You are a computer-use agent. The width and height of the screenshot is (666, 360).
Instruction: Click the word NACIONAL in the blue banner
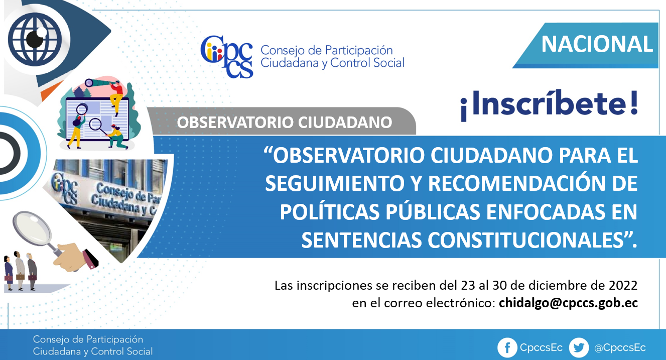pyautogui.click(x=597, y=44)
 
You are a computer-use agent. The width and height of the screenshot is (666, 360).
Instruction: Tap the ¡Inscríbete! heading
pyautogui.click(x=549, y=105)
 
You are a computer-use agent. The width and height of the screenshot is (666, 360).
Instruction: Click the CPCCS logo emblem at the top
pyautogui.click(x=227, y=57)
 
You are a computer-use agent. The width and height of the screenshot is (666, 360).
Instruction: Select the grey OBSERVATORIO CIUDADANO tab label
pyautogui.click(x=285, y=123)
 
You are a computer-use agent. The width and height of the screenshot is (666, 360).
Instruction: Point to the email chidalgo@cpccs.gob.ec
pyautogui.click(x=568, y=303)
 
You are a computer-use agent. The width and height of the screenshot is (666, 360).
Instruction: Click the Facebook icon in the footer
pyautogui.click(x=507, y=347)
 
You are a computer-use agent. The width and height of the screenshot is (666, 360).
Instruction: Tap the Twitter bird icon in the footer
pyautogui.click(x=579, y=347)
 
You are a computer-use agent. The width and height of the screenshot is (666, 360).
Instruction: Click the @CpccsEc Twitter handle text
pyautogui.click(x=620, y=348)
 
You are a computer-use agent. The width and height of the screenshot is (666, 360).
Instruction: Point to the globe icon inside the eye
pyautogui.click(x=35, y=39)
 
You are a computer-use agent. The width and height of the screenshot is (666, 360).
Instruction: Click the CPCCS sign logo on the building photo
pyautogui.click(x=64, y=189)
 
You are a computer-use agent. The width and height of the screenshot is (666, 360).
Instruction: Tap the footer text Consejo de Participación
pyautogui.click(x=88, y=339)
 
